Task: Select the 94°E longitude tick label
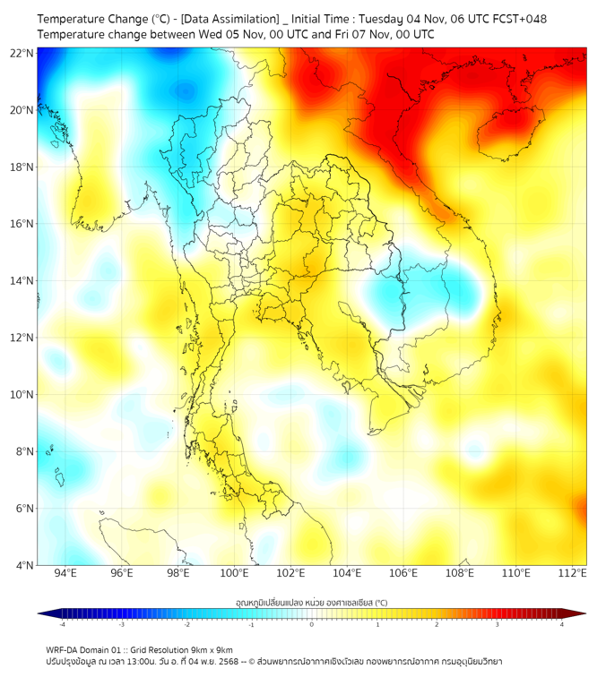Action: click(65, 573)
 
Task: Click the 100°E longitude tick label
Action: click(234, 573)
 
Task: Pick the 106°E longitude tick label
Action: click(403, 573)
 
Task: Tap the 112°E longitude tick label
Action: click(572, 573)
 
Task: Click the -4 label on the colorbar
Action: click(62, 624)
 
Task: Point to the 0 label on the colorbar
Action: click(312, 624)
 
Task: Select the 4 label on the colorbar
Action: click(561, 624)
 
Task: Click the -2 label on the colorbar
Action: click(186, 624)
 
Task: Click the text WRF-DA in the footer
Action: click(63, 649)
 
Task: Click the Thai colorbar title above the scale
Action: click(311, 602)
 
